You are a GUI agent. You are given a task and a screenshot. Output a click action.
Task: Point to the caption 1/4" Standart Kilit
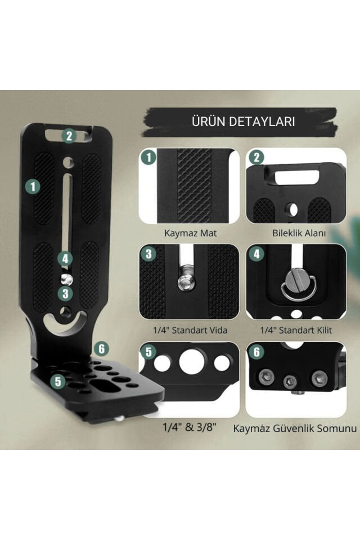(x=296, y=330)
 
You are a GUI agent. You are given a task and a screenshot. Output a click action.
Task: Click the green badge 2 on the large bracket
(x=69, y=136)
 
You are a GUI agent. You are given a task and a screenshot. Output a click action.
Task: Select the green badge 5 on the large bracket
(x=56, y=381)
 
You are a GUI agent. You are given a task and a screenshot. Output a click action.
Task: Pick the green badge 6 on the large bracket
(x=101, y=348)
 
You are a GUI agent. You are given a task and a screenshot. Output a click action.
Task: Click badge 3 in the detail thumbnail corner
(x=148, y=254)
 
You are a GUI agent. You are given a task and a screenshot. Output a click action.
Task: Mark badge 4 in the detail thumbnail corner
(x=256, y=254)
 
